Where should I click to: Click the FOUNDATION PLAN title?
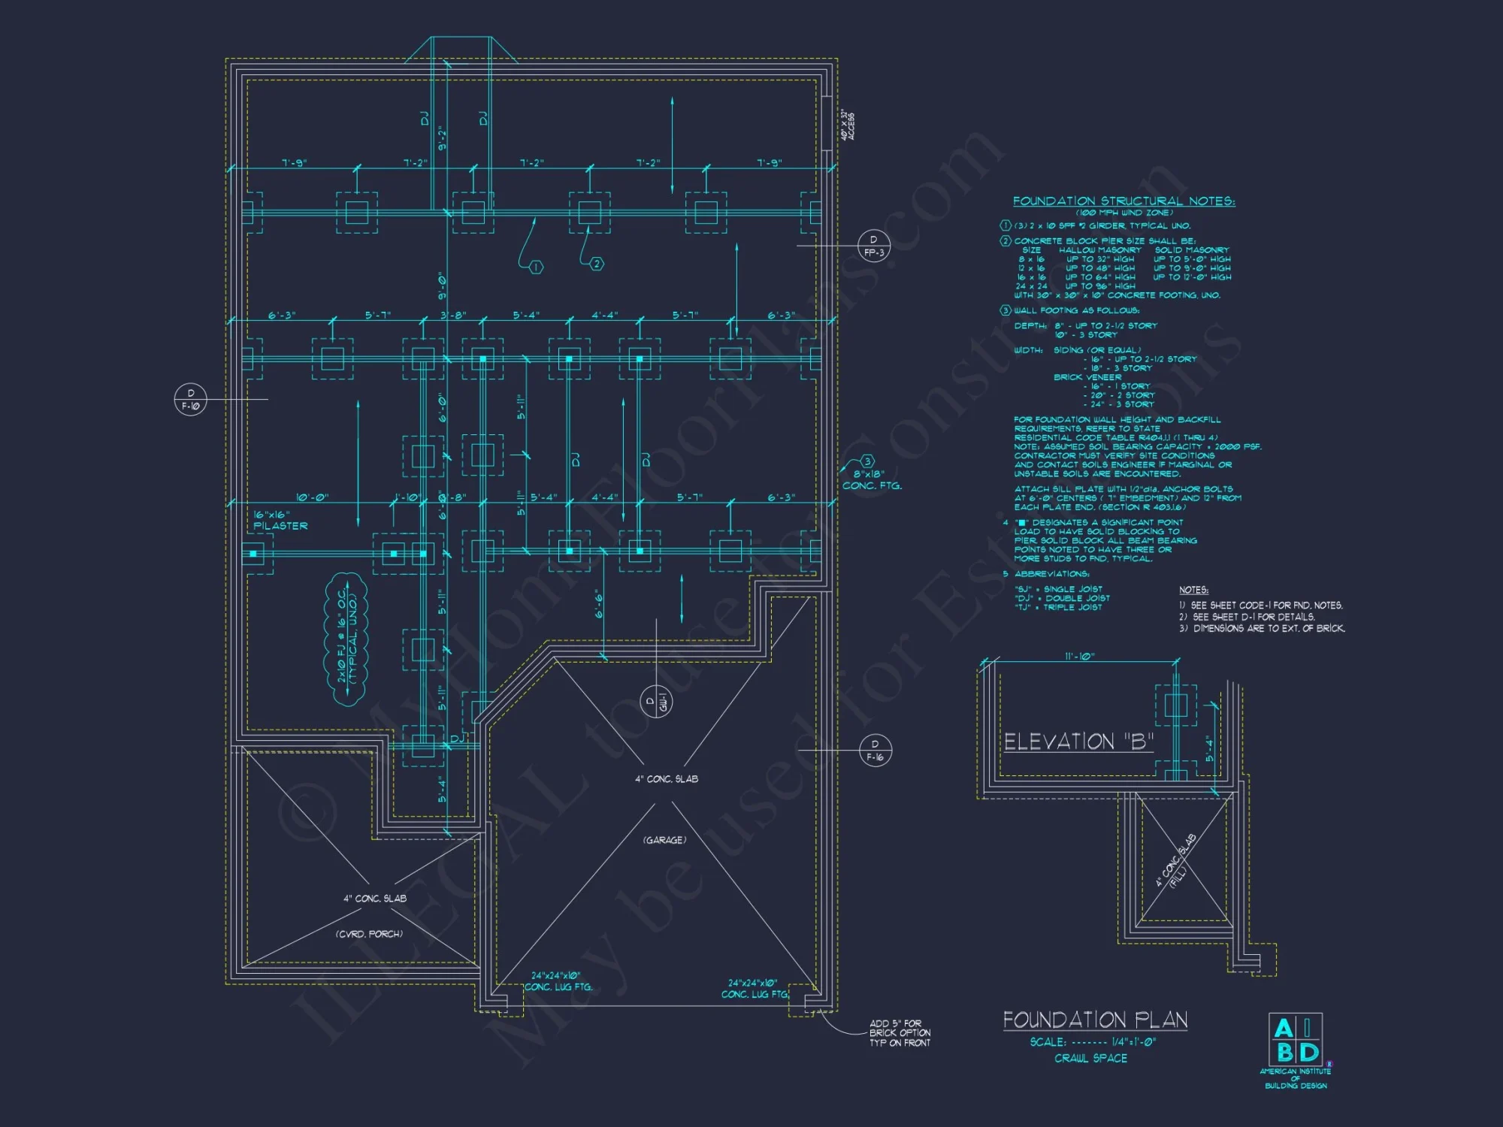pos(1095,1020)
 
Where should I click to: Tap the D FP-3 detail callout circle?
pos(873,246)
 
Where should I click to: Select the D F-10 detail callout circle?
pos(190,399)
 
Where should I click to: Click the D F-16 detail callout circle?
pos(875,750)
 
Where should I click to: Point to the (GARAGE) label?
pos(664,840)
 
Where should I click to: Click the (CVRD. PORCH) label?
pos(369,934)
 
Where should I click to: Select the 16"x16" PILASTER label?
pos(280,520)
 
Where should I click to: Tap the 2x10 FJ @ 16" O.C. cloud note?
pos(346,639)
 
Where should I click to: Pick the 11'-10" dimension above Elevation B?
pos(1079,657)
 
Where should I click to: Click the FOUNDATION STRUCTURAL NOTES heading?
pos(1123,201)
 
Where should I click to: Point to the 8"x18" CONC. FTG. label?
pos(872,479)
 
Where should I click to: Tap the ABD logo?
pos(1296,1040)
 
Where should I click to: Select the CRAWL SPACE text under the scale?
pos(1090,1058)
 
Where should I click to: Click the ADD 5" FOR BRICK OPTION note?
pos(900,1033)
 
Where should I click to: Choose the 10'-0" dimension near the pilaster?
pos(312,497)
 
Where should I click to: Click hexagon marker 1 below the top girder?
pos(536,267)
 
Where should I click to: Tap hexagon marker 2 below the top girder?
pos(597,264)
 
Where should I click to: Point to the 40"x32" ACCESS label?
pos(848,126)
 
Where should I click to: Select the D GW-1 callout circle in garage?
pos(656,702)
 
